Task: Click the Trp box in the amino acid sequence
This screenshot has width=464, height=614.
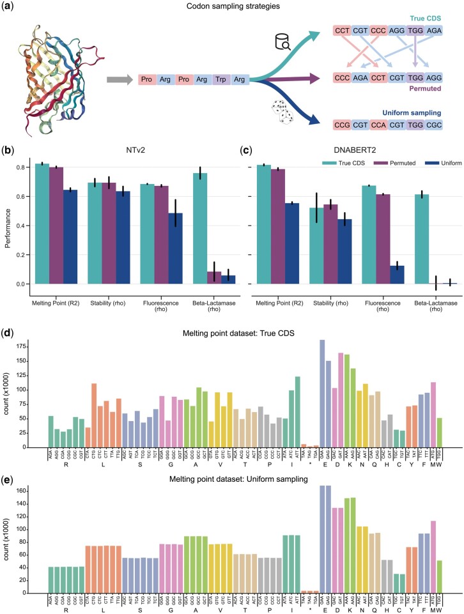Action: click(222, 81)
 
